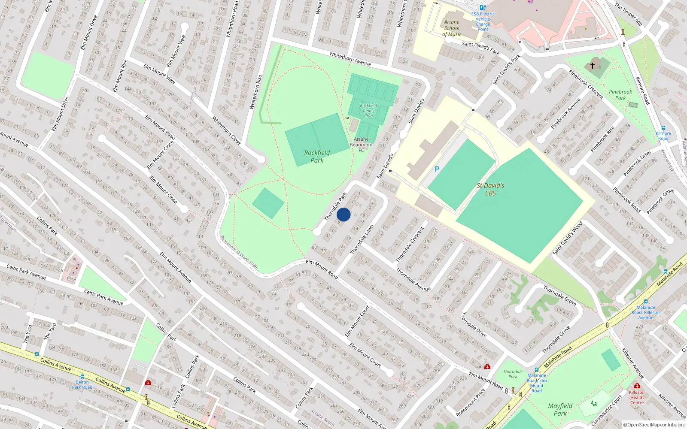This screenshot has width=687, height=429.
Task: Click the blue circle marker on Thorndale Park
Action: click(x=343, y=214)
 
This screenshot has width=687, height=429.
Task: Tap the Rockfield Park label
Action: click(x=317, y=157)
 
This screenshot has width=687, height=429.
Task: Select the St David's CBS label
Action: click(x=490, y=189)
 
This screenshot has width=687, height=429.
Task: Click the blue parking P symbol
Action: click(x=437, y=169)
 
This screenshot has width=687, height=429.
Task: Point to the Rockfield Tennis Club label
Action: click(x=368, y=111)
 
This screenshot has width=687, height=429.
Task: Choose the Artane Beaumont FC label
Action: click(x=361, y=145)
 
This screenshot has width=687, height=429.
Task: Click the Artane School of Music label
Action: click(x=452, y=28)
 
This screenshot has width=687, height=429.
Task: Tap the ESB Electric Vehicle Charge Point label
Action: click(x=483, y=21)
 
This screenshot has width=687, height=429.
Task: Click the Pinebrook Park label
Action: click(x=620, y=95)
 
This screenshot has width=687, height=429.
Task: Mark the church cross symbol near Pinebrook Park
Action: click(x=593, y=66)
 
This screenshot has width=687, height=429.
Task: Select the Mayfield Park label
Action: click(x=560, y=409)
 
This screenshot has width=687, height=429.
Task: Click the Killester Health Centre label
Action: click(x=637, y=397)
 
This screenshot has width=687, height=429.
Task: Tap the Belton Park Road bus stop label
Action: click(x=82, y=384)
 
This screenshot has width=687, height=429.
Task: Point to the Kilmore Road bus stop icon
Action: click(x=663, y=128)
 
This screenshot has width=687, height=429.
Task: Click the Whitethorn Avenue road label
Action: click(x=350, y=59)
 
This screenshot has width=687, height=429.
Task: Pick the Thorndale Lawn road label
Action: click(x=362, y=240)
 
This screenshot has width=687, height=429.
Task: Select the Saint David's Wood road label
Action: click(x=568, y=238)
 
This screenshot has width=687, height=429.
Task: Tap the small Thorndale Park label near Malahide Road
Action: click(x=513, y=374)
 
